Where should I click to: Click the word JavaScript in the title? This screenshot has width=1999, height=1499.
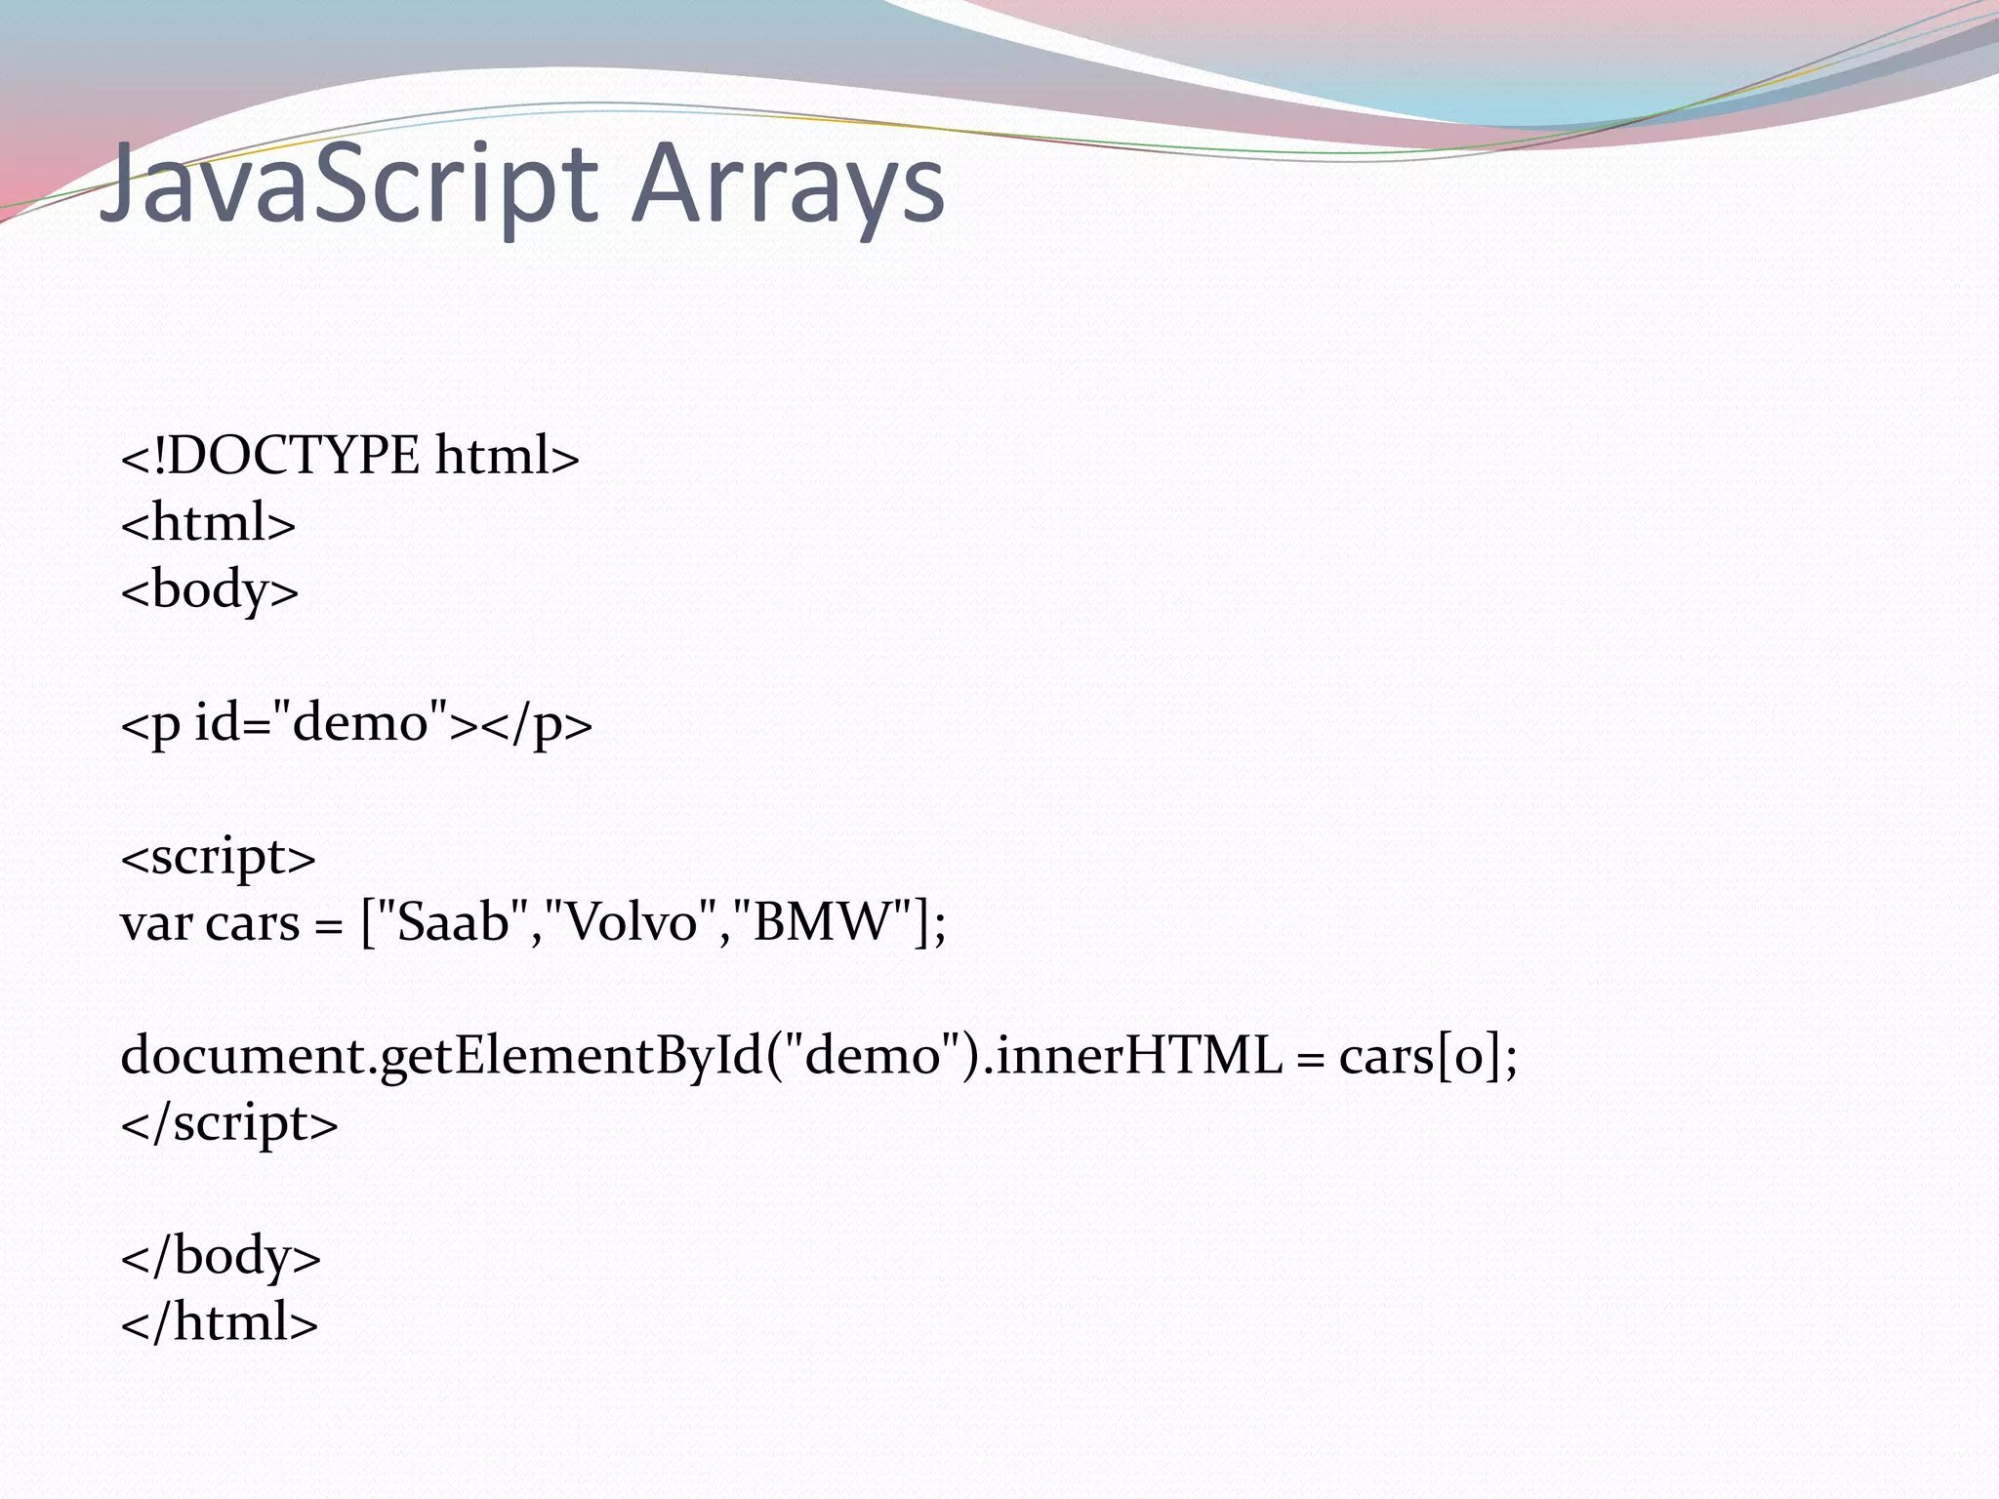click(x=347, y=185)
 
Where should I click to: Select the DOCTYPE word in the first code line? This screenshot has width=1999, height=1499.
click(x=293, y=456)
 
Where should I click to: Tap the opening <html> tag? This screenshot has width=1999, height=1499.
click(x=208, y=523)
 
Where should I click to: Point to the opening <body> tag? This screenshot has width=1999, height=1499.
click(x=210, y=590)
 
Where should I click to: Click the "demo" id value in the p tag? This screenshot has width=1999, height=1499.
click(x=360, y=723)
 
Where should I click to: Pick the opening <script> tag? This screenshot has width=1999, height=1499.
click(x=219, y=857)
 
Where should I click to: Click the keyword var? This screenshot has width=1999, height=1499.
click(x=155, y=923)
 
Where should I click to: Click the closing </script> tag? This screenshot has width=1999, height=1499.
click(x=229, y=1122)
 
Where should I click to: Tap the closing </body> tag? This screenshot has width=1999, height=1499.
click(x=221, y=1256)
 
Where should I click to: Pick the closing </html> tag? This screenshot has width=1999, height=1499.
click(x=220, y=1322)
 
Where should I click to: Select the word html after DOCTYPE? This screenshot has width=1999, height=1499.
click(x=507, y=456)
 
